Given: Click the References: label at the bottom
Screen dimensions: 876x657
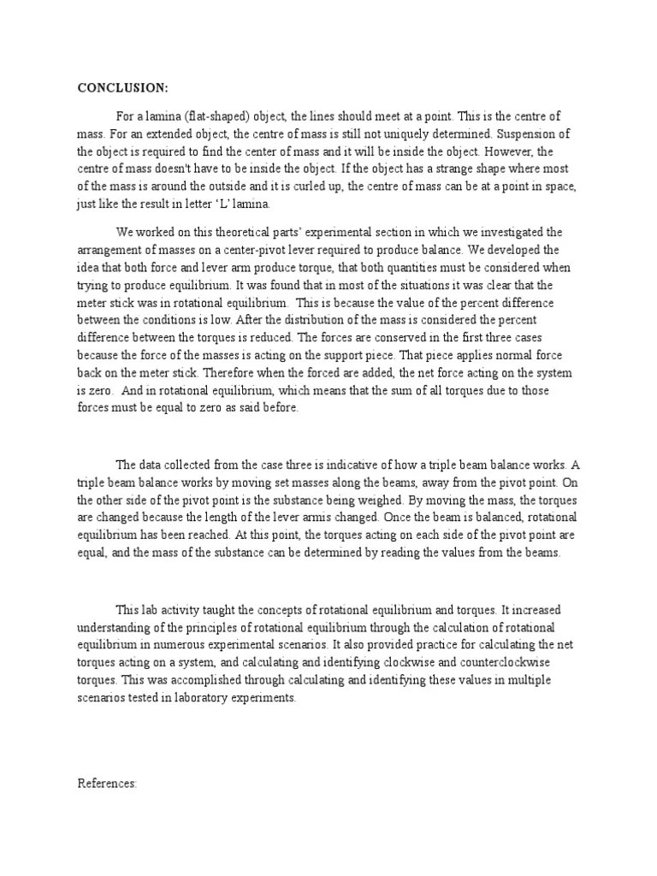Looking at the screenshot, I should [107, 783].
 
